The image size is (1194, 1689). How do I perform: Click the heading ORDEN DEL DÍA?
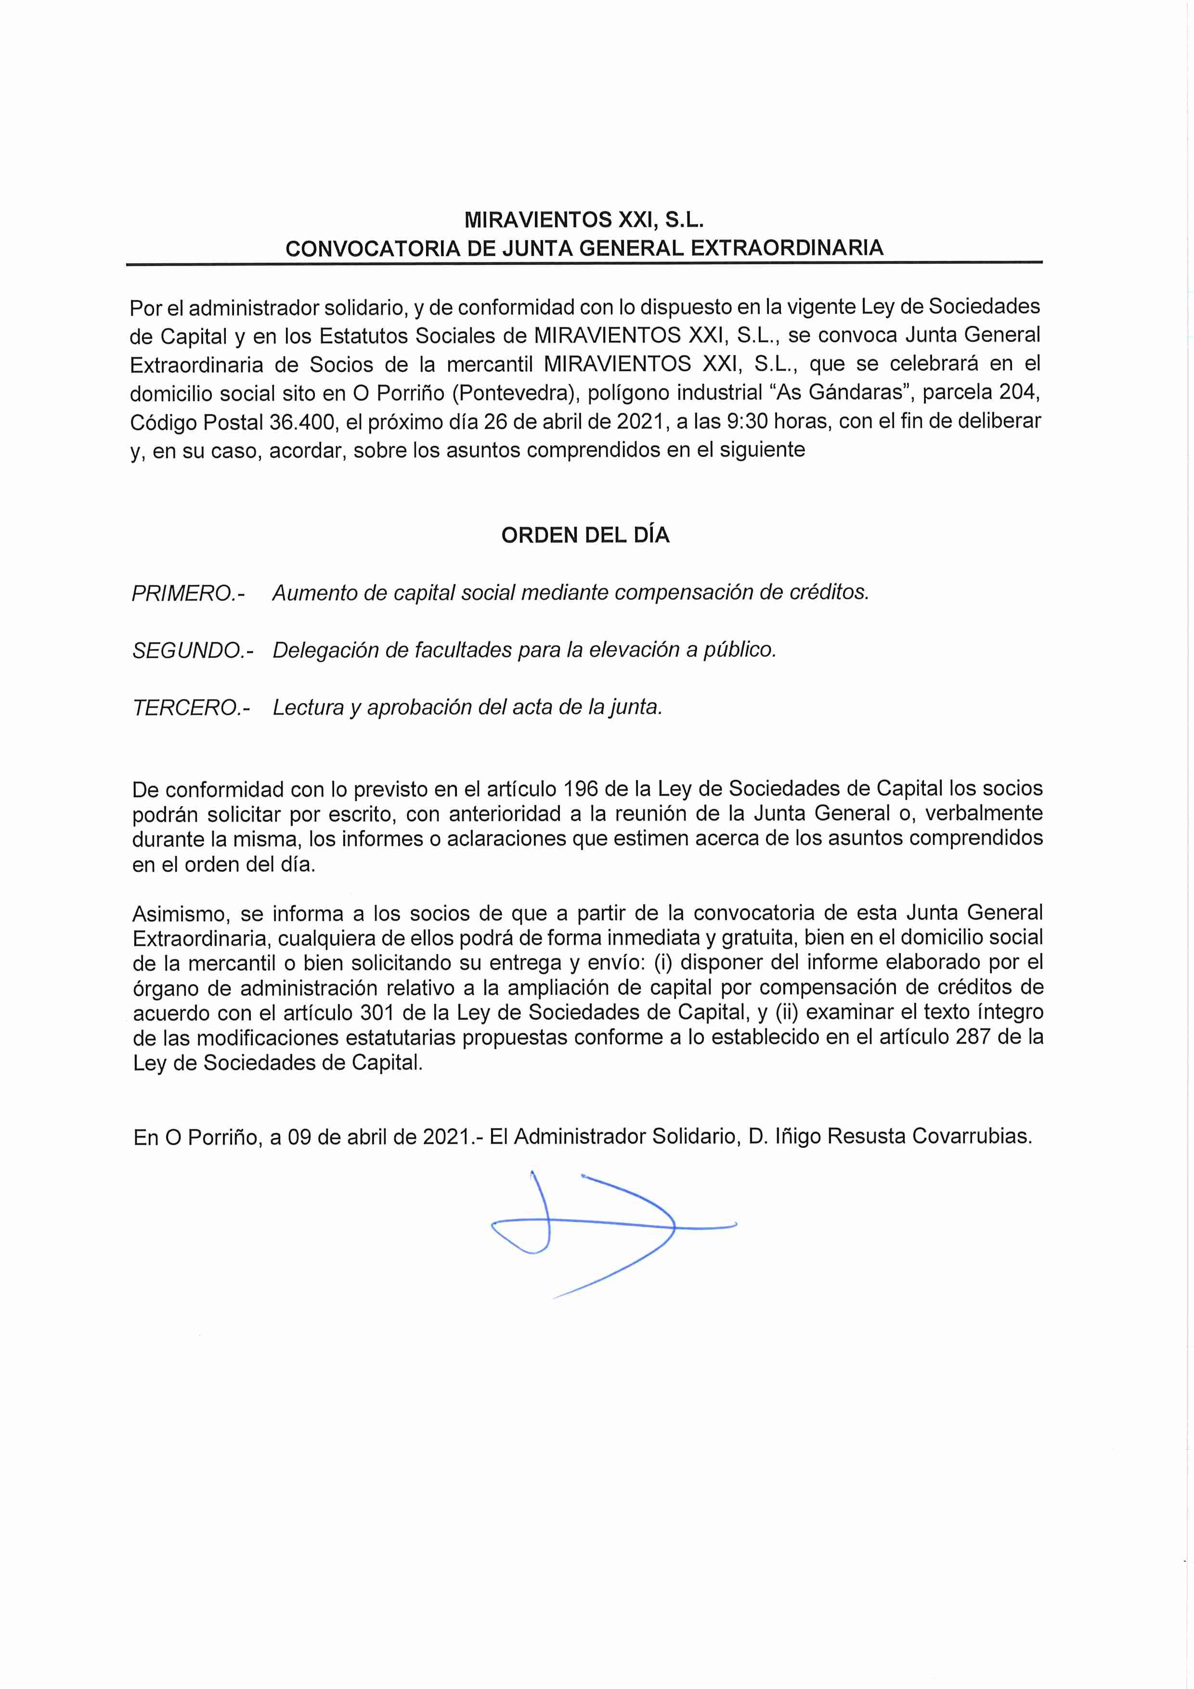(585, 535)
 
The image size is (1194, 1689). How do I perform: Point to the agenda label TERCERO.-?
(191, 708)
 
